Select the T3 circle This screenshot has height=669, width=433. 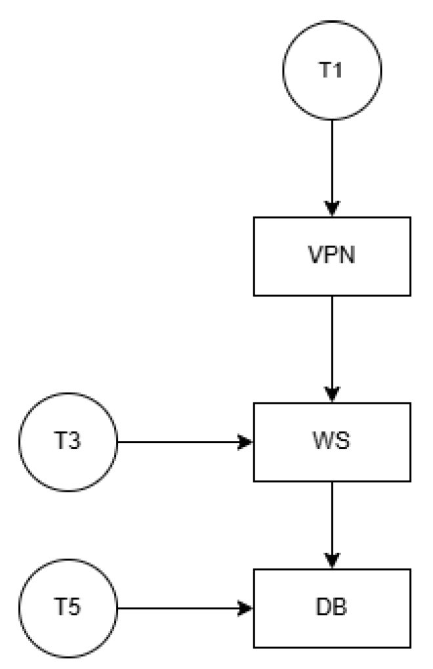pyautogui.click(x=69, y=442)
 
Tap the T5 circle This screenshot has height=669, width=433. pyautogui.click(x=69, y=607)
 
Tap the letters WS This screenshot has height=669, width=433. pyautogui.click(x=332, y=442)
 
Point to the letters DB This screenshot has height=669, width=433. pyautogui.click(x=332, y=607)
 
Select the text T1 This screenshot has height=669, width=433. pyautogui.click(x=332, y=71)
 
